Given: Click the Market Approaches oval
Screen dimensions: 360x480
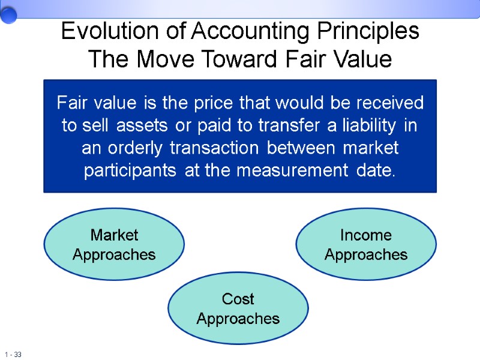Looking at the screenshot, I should click(114, 245).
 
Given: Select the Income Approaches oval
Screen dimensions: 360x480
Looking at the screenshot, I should click(366, 245).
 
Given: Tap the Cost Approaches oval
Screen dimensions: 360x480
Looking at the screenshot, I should click(238, 308).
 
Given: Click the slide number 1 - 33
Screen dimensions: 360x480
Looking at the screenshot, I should click(13, 355).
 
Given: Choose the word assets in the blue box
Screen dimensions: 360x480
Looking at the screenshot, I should click(138, 126).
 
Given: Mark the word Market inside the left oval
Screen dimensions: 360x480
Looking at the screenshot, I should click(114, 235).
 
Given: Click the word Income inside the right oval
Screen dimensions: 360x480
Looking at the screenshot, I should click(366, 235).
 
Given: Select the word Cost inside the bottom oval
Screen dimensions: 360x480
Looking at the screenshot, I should click(238, 299).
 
